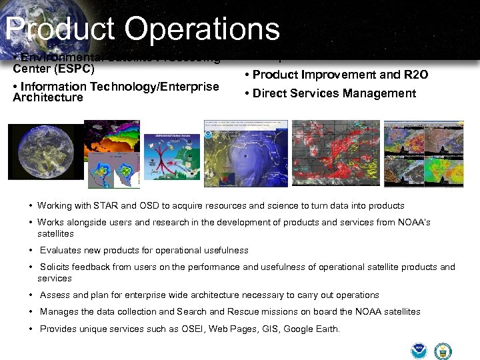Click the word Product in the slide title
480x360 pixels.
(x=60, y=30)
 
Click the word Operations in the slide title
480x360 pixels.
(x=202, y=30)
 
